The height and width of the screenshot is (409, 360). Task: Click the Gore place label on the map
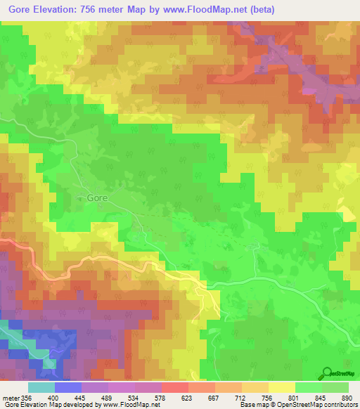[x=97, y=198]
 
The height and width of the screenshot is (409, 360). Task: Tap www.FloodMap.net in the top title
[x=210, y=9]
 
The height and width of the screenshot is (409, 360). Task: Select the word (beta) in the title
[x=260, y=9]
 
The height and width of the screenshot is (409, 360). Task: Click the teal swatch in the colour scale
[x=41, y=387]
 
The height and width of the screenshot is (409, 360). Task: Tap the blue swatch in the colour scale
[x=67, y=387]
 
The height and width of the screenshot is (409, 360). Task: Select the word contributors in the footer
[x=337, y=404]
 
